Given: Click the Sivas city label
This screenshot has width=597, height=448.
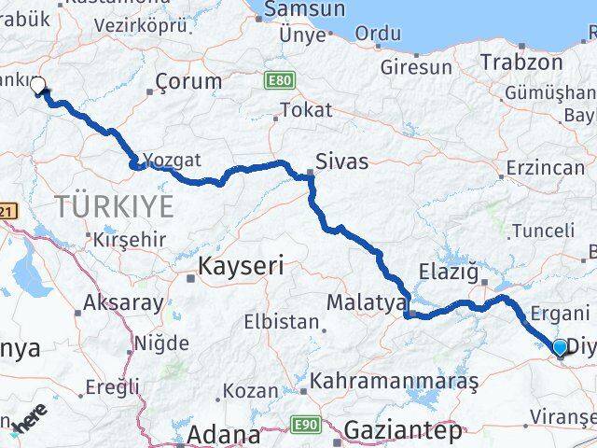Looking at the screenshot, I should tap(341, 161).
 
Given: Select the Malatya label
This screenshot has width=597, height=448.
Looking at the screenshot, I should tap(367, 302).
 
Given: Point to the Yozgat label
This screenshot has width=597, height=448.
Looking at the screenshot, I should tap(172, 160).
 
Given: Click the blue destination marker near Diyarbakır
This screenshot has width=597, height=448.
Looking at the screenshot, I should tap(560, 348).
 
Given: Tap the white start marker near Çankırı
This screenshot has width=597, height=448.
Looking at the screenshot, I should tap(37, 86).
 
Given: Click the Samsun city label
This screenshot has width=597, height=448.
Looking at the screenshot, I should tap(305, 10).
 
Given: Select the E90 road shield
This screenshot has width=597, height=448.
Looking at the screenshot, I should tap(307, 425).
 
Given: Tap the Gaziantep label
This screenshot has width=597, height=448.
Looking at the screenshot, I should tap(403, 431).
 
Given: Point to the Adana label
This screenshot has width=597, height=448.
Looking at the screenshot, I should tap(224, 434).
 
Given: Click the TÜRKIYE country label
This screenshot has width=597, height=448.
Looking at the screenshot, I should tap(115, 205).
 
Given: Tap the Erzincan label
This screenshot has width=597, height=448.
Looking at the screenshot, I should tap(544, 168).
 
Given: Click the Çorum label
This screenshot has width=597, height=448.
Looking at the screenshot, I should tap(189, 81).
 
